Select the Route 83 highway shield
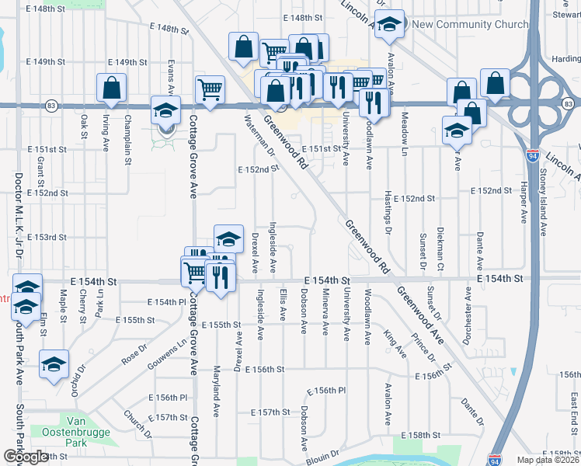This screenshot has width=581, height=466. [51, 104]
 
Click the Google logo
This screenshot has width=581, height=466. [25, 457]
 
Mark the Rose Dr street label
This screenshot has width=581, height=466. [134, 356]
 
